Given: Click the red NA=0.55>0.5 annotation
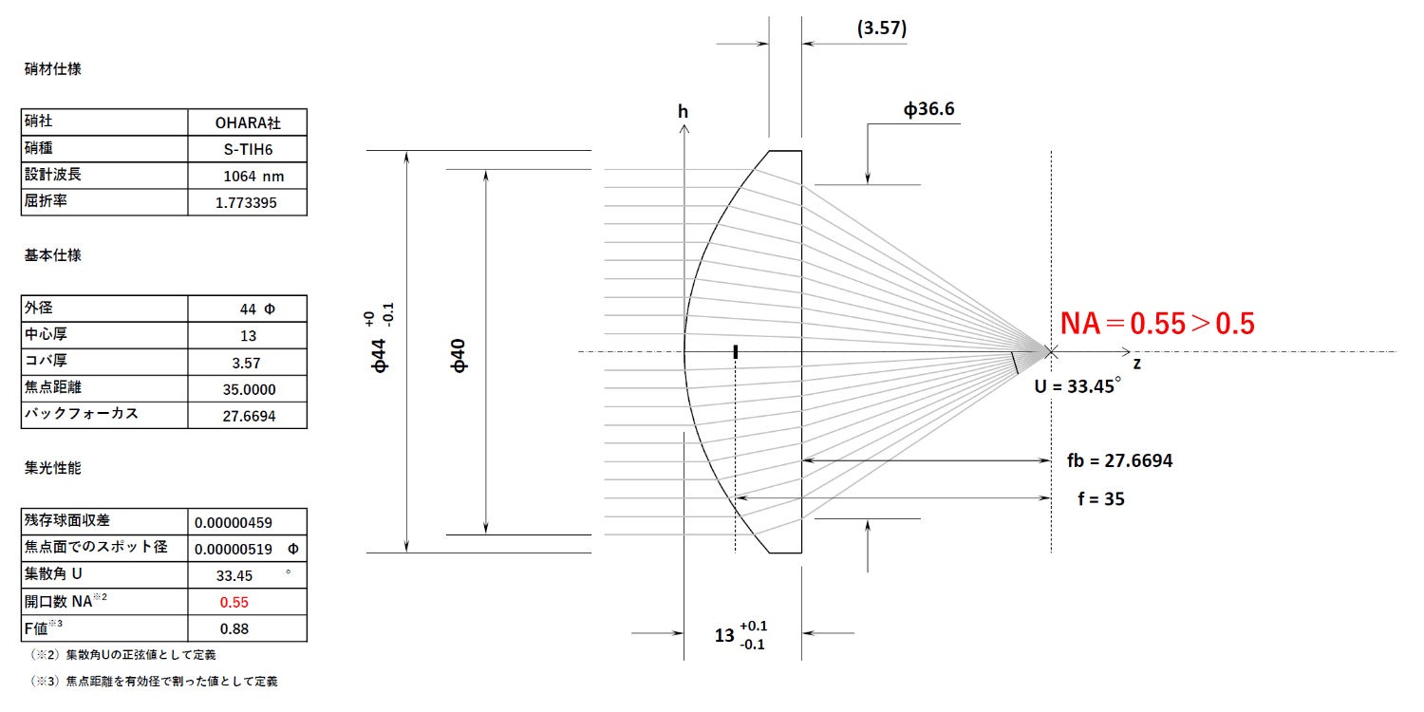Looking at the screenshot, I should tap(1157, 324).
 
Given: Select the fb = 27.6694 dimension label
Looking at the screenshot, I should tap(1119, 460).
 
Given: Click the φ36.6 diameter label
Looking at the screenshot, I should tap(927, 109).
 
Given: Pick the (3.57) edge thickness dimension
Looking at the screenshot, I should tap(881, 28).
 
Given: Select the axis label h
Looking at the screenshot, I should tap(683, 112).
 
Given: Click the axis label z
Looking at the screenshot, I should tap(1135, 364).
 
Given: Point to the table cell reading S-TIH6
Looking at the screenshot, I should tap(247, 149).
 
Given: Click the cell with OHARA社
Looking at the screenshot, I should tap(247, 122).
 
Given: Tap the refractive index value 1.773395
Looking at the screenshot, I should tap(247, 203).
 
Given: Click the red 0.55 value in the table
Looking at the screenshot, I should tap(234, 602).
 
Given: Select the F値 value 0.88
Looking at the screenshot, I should tap(234, 628).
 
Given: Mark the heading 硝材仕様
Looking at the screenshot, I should tap(53, 69).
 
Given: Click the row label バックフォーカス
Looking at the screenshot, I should tap(81, 415).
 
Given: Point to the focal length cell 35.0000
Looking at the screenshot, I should tap(247, 389).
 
